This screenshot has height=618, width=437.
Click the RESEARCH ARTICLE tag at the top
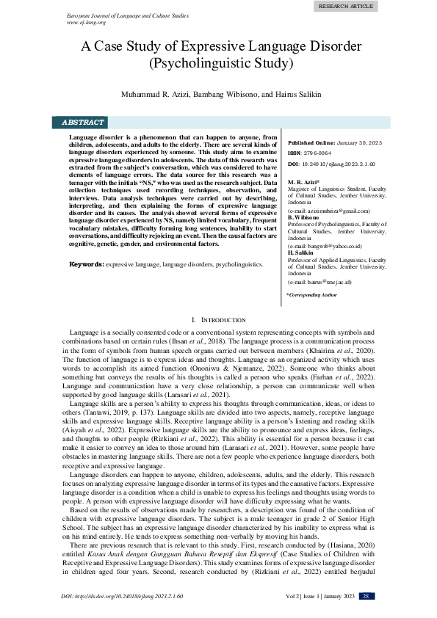point(344,6)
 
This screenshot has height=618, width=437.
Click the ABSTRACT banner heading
point(82,123)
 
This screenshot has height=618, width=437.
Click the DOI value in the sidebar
point(339,164)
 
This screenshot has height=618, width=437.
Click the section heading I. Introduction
point(218,320)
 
